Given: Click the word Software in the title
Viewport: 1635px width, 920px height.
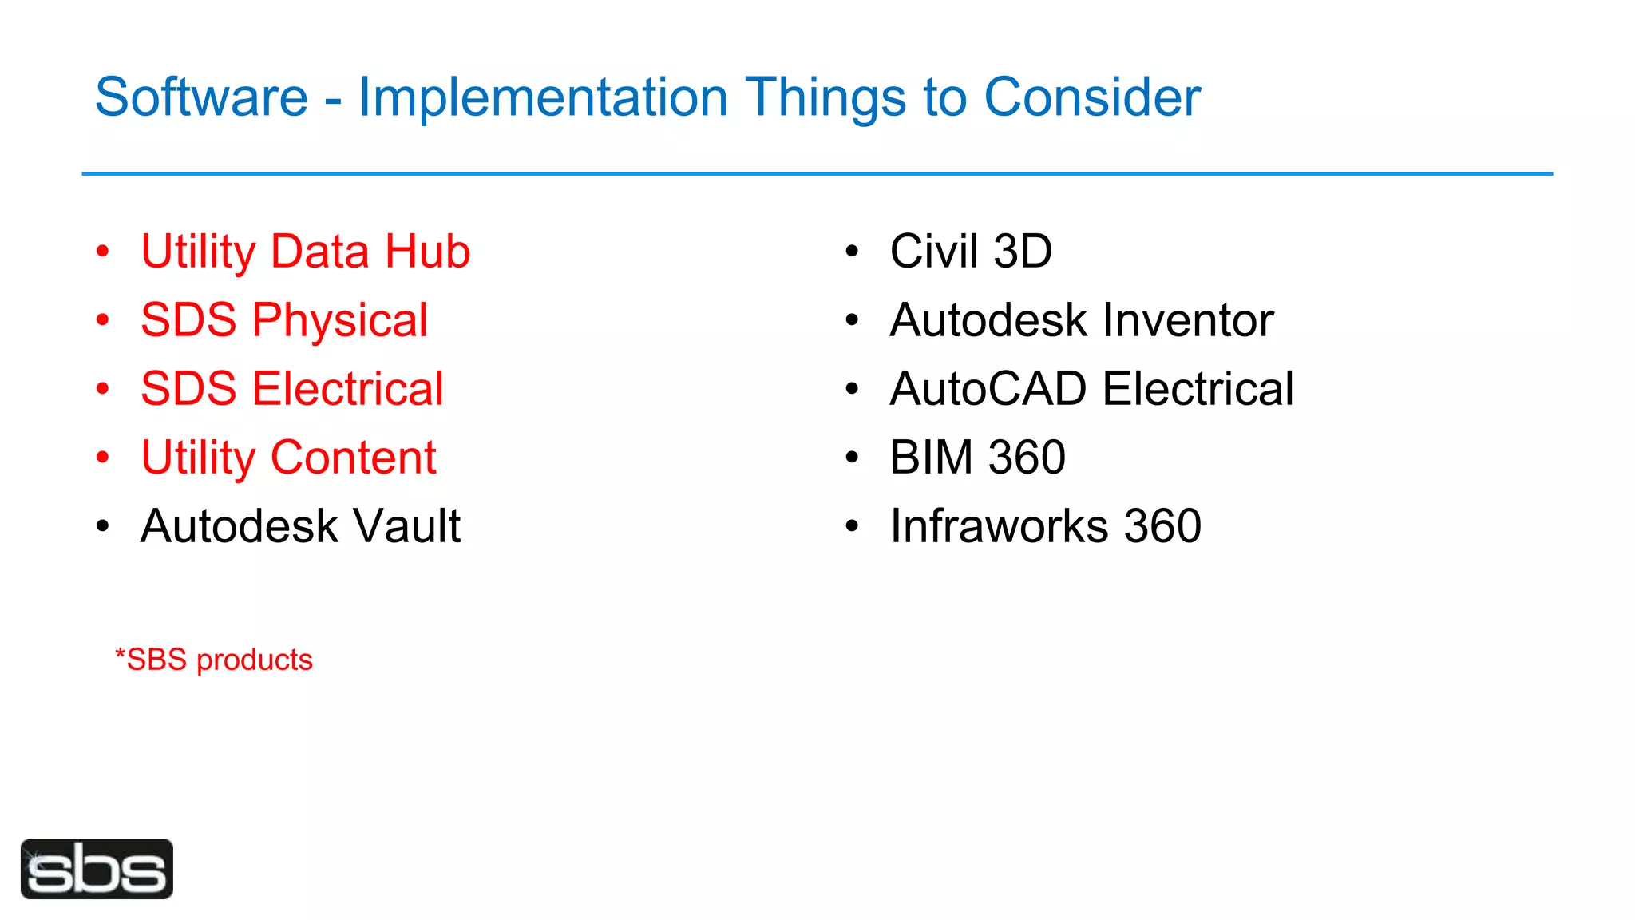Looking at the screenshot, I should pyautogui.click(x=201, y=97).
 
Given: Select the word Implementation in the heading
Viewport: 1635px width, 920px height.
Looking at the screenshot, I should pyautogui.click(x=543, y=97).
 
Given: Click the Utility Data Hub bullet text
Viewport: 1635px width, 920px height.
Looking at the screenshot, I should pyautogui.click(x=305, y=252).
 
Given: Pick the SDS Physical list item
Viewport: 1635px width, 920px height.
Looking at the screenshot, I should pyautogui.click(x=284, y=320).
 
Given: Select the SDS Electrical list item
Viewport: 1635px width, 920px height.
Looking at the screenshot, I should pyautogui.click(x=291, y=389).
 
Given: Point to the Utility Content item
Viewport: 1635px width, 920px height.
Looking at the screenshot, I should pyautogui.click(x=288, y=458).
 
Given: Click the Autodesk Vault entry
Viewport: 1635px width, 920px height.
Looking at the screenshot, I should pyautogui.click(x=300, y=526).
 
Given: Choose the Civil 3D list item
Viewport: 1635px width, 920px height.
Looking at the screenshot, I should pyautogui.click(x=971, y=252).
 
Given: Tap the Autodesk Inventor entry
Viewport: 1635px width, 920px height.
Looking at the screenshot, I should pyautogui.click(x=1081, y=320).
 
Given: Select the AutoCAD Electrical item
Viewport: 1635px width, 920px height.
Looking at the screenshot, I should pyautogui.click(x=1091, y=389).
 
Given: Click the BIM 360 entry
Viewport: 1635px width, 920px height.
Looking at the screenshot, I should pyautogui.click(x=977, y=458).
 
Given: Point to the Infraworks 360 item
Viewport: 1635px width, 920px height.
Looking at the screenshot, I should pyautogui.click(x=1045, y=526).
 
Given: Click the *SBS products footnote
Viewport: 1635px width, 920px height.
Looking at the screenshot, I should pyautogui.click(x=213, y=660).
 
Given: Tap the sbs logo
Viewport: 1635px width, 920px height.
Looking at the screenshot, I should pyautogui.click(x=97, y=869).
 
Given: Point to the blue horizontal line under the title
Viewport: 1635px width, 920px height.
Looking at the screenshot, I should pyautogui.click(x=817, y=173).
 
